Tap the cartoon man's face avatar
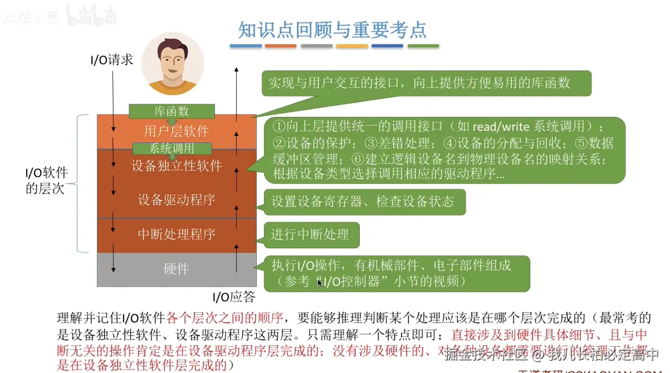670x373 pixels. point(173,62)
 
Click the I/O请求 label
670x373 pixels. point(111,60)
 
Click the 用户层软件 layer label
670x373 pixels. point(177,131)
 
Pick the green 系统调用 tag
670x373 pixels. point(172,149)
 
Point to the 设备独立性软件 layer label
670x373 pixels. point(177,165)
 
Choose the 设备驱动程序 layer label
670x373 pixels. point(177,200)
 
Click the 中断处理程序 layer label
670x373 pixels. point(177,234)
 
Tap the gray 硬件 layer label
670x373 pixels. point(177,269)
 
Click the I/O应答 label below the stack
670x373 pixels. point(234,296)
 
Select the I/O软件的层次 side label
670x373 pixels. point(46,180)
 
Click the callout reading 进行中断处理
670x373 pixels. point(310,234)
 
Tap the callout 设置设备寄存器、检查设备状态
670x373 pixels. point(363,201)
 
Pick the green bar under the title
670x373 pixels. point(423,46)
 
